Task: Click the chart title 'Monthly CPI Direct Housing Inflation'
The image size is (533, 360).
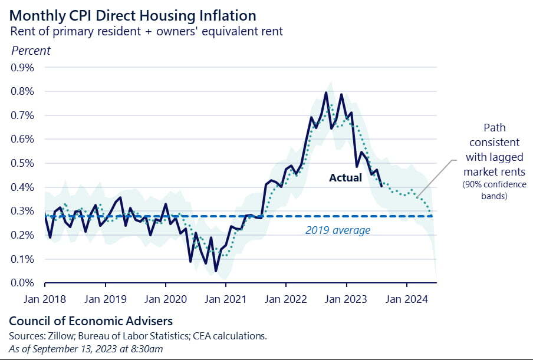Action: click(x=133, y=15)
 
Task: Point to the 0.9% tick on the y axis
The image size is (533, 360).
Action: click(x=23, y=67)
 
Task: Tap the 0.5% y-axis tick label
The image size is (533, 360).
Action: click(x=23, y=163)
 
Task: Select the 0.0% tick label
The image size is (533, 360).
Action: click(x=23, y=283)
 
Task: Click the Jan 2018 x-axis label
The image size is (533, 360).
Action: click(x=45, y=299)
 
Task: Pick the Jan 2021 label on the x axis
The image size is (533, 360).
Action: click(x=225, y=299)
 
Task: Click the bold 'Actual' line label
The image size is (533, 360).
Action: click(x=346, y=177)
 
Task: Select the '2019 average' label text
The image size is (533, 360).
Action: click(x=338, y=230)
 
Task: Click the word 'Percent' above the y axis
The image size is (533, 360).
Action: click(x=31, y=51)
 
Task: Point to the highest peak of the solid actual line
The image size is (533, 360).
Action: click(x=325, y=93)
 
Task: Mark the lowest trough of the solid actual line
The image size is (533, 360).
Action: click(x=216, y=271)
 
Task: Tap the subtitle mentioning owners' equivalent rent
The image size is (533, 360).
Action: click(x=147, y=31)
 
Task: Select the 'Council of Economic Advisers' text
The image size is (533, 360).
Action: click(x=91, y=322)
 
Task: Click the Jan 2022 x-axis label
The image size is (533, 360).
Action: click(x=285, y=299)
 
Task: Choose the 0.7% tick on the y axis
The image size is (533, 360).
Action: click(x=23, y=115)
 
